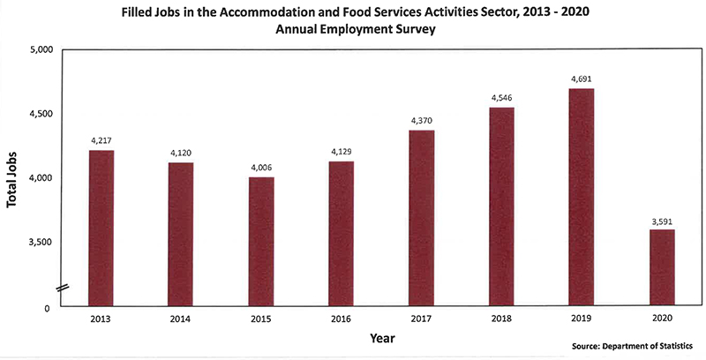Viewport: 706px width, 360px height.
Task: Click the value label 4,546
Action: [501, 97]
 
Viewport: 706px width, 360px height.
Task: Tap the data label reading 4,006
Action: [261, 167]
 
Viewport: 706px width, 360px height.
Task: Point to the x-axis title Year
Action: [382, 337]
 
